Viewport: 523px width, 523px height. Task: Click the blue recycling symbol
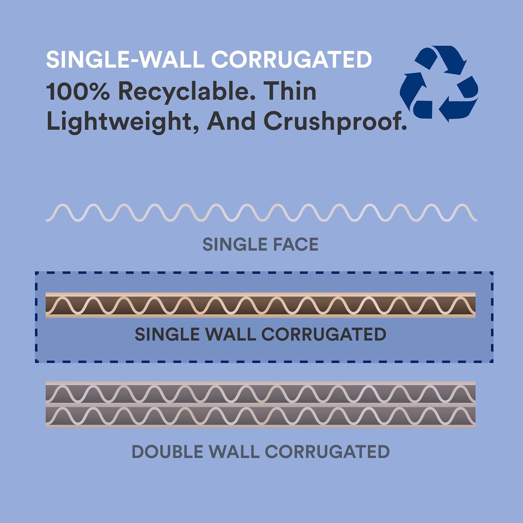point(439,84)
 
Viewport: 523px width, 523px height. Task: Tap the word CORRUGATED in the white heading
point(291,59)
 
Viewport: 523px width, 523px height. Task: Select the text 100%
point(77,91)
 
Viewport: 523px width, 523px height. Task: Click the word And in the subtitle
point(231,121)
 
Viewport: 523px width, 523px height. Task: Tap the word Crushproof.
point(335,122)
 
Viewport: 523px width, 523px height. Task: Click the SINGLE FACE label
point(260,244)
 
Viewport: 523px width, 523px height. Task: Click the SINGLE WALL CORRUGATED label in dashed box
point(260,334)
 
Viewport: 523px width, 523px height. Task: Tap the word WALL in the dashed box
point(230,334)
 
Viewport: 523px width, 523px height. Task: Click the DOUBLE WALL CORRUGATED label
point(260,452)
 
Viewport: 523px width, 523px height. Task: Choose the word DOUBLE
point(167,452)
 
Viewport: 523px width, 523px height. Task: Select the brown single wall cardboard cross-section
point(260,305)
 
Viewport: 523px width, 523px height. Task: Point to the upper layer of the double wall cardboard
point(260,393)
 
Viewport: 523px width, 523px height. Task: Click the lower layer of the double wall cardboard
point(260,416)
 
